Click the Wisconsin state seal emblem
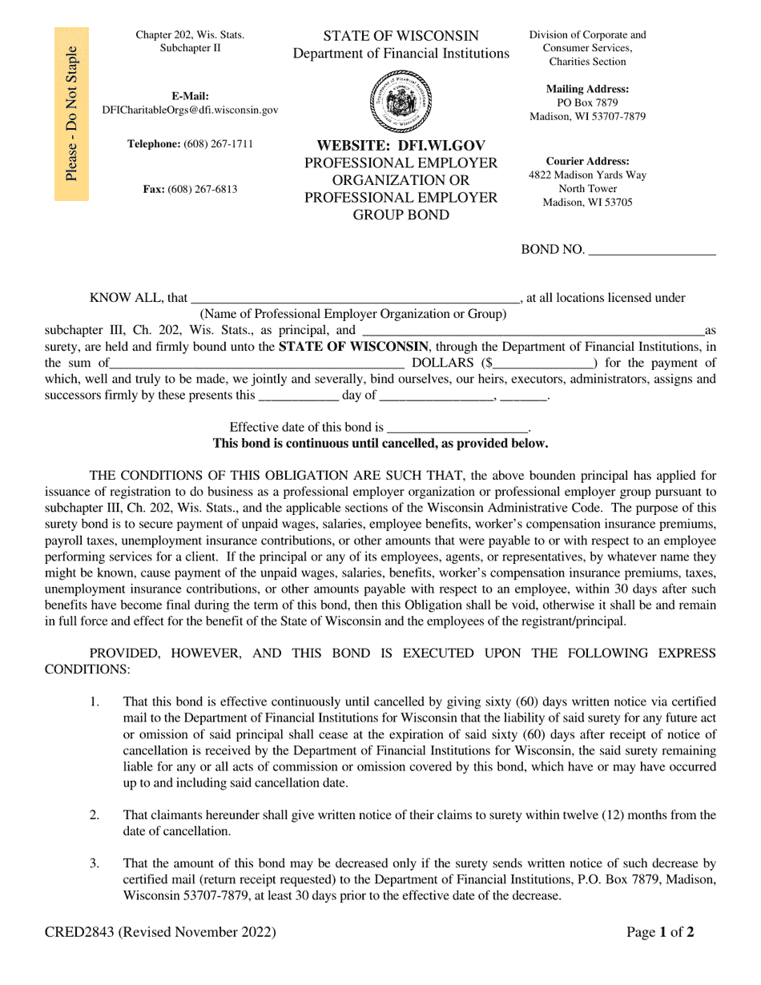[401, 102]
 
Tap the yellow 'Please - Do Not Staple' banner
[71, 115]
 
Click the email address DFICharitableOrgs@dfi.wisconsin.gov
[191, 111]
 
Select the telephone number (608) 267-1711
[218, 144]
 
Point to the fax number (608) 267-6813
[203, 190]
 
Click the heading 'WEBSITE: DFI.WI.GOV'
[401, 146]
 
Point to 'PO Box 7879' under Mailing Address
[587, 103]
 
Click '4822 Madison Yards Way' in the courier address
[587, 175]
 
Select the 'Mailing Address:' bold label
[587, 90]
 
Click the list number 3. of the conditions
[95, 863]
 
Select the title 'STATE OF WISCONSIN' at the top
[401, 36]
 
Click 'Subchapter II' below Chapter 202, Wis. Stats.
[190, 48]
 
